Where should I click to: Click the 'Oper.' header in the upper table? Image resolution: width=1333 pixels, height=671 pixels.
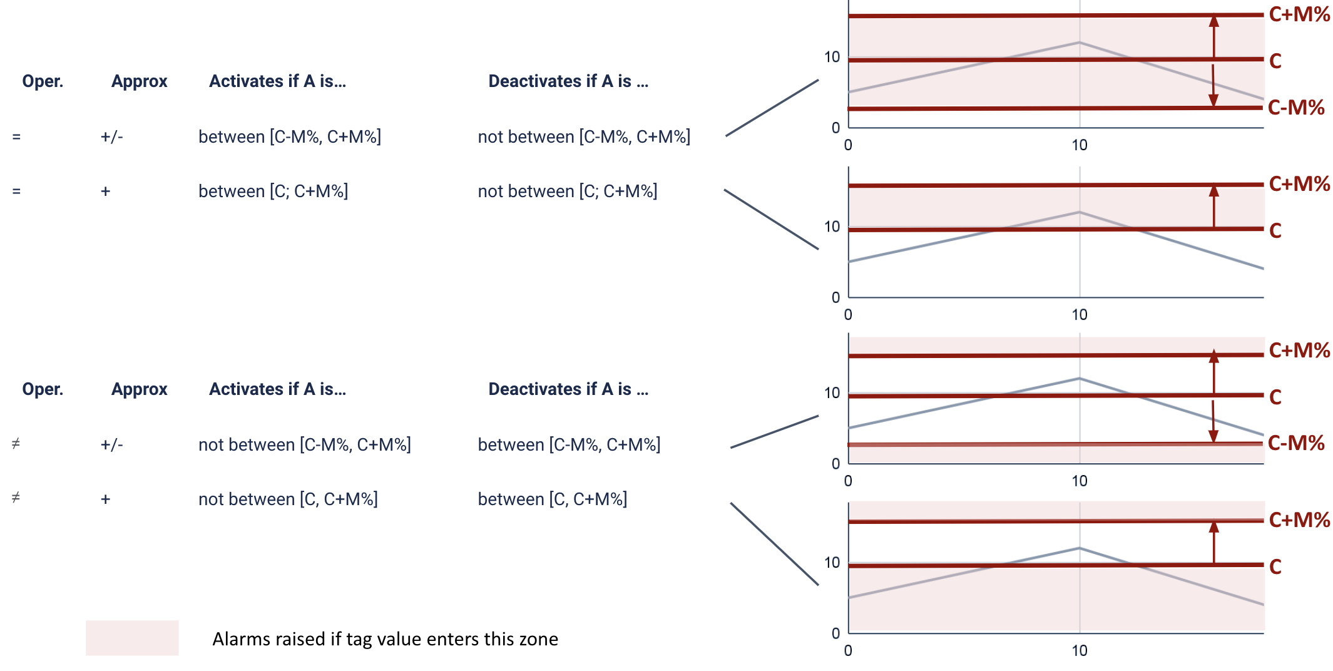click(43, 81)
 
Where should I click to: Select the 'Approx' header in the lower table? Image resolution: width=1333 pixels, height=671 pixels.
click(139, 389)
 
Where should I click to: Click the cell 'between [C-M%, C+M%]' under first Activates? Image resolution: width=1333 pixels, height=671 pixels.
click(290, 136)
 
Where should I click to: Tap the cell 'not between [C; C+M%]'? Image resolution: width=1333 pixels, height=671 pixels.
click(567, 191)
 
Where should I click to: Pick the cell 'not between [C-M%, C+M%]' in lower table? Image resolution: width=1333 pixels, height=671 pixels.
click(304, 444)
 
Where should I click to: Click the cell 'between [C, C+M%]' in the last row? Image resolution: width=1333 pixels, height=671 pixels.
click(552, 499)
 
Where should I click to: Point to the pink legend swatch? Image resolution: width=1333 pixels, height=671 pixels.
click(132, 638)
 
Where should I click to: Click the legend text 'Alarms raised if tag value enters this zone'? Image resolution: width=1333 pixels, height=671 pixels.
click(385, 639)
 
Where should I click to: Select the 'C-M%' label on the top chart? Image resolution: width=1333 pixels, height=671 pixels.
click(1295, 108)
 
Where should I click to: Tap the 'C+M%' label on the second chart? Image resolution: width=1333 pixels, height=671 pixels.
click(1299, 184)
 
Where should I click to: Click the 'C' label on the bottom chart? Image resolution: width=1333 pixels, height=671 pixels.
click(1275, 567)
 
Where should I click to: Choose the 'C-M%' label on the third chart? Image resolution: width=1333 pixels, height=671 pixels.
click(1295, 443)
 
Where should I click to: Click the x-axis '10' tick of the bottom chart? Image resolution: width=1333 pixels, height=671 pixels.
click(1080, 651)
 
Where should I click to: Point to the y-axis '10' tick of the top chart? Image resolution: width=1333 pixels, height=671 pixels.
click(832, 57)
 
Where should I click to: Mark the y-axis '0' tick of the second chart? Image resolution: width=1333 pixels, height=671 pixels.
click(835, 297)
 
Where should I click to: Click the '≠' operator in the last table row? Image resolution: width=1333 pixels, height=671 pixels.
click(16, 498)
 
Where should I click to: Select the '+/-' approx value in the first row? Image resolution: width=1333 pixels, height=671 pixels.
click(111, 136)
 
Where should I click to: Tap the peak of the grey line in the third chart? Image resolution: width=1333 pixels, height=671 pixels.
click(1080, 379)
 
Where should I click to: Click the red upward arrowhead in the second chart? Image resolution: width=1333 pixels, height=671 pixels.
click(1213, 190)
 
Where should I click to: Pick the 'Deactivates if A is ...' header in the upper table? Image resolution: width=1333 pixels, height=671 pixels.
click(568, 81)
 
